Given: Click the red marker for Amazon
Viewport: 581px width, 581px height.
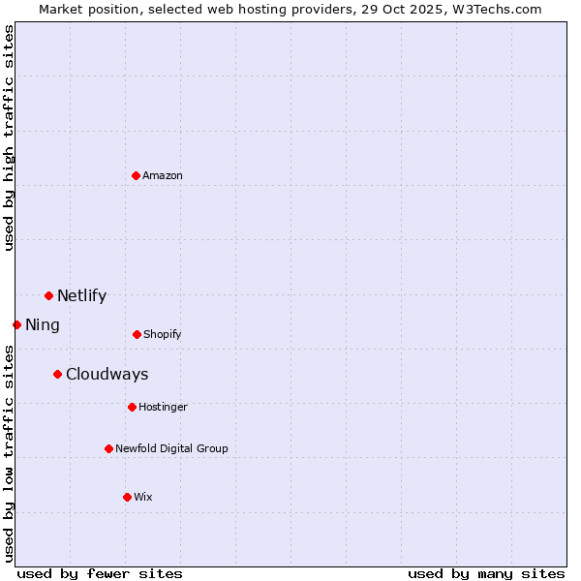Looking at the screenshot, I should tap(136, 175).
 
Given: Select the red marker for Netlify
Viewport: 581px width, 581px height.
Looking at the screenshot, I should tap(48, 295).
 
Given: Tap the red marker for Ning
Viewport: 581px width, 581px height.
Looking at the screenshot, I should tap(16, 324).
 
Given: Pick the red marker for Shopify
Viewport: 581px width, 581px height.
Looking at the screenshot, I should tap(137, 334).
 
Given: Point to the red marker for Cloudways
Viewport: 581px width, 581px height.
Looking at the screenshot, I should tap(57, 374).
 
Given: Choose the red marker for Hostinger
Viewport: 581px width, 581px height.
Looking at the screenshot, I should tap(132, 407).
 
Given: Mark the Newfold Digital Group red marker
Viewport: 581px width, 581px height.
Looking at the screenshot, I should tap(108, 448).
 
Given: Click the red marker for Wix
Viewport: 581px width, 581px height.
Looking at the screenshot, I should tap(127, 497).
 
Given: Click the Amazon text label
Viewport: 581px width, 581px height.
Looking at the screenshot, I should tap(163, 175).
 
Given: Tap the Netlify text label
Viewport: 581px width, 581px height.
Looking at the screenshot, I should tap(81, 296).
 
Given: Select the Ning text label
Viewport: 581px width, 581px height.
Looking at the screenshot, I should tap(42, 325).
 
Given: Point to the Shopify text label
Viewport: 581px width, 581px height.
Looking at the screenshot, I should tap(162, 334).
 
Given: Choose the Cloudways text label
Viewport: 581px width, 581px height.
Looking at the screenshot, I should tap(107, 375).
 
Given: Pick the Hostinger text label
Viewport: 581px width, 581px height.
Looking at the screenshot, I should tap(163, 407).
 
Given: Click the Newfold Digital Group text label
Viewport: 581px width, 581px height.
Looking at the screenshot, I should tap(171, 448).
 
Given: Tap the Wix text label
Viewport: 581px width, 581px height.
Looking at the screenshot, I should tap(142, 497).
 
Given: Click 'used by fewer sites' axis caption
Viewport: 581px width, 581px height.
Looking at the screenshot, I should tap(100, 573).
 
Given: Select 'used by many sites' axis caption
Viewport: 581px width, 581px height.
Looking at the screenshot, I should tap(486, 573).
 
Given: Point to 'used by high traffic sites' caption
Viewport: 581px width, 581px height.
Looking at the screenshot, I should tap(9, 138).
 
